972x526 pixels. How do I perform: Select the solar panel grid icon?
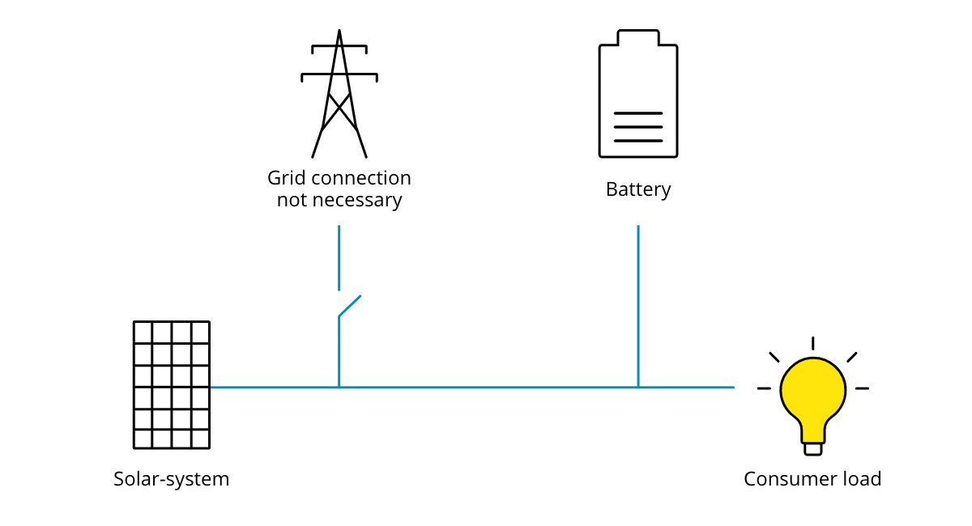[x=172, y=385]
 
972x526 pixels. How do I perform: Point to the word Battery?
[x=638, y=189]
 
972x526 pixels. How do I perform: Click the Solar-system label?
[x=172, y=479]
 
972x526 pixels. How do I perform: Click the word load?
[x=862, y=479]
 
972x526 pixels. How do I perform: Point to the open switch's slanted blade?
[x=349, y=306]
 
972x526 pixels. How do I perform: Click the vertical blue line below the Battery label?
[x=638, y=306]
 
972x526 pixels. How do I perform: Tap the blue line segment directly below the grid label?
[x=339, y=257]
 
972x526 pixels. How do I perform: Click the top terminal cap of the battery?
[x=638, y=37]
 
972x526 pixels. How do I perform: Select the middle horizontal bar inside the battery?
[x=638, y=127]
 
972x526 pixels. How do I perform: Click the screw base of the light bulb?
[x=813, y=449]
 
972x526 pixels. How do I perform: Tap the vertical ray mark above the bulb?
[x=812, y=343]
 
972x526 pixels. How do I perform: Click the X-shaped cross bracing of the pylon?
[x=339, y=112]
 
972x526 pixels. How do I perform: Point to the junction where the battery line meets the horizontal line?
[x=638, y=388]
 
